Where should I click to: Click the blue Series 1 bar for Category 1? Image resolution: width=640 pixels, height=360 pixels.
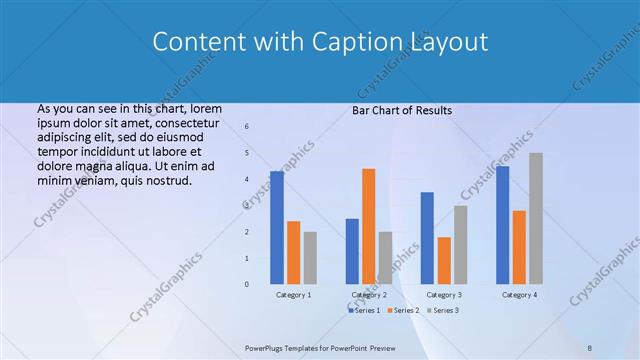pyautogui.click(x=277, y=228)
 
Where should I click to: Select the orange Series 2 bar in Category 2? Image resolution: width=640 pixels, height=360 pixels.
pyautogui.click(x=368, y=226)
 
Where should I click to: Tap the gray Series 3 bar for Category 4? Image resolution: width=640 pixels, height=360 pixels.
pyautogui.click(x=536, y=218)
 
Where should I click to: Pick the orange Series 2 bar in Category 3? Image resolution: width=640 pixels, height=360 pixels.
pyautogui.click(x=444, y=260)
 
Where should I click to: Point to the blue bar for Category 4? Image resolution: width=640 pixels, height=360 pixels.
pyautogui.click(x=502, y=225)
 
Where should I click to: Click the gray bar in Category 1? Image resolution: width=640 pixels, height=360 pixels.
pyautogui.click(x=310, y=258)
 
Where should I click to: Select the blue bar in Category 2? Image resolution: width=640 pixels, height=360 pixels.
pyautogui.click(x=352, y=251)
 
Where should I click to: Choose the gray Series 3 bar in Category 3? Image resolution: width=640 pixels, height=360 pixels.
pyautogui.click(x=460, y=245)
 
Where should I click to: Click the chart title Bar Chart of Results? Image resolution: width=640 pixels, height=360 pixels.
pyautogui.click(x=402, y=110)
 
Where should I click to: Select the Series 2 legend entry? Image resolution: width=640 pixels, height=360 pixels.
pyautogui.click(x=403, y=311)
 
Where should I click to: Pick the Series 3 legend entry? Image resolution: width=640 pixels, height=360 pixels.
pyautogui.click(x=443, y=311)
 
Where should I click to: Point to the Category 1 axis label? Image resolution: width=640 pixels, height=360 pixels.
pyautogui.click(x=293, y=295)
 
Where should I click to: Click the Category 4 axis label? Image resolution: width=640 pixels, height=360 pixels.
pyautogui.click(x=518, y=295)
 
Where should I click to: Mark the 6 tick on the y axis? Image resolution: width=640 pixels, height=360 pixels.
pyautogui.click(x=246, y=126)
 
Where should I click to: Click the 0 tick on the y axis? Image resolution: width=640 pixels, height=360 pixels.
pyautogui.click(x=246, y=284)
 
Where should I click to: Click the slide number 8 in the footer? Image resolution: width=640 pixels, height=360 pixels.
pyautogui.click(x=590, y=347)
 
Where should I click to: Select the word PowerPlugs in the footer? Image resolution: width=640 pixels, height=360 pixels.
pyautogui.click(x=266, y=347)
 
